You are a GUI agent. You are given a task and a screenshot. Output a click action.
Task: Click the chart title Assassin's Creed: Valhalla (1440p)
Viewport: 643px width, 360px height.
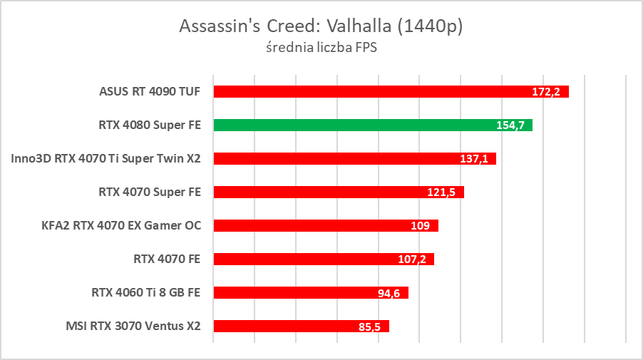point(321,26)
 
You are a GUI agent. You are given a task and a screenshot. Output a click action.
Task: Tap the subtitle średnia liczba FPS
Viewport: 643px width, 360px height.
point(321,48)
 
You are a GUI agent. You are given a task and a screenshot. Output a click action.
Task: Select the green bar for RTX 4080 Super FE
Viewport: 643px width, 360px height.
point(356,125)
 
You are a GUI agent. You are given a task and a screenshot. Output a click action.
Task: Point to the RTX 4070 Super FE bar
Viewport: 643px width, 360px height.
point(321,192)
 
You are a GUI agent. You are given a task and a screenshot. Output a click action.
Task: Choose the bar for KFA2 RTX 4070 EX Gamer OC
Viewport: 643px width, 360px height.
point(314,225)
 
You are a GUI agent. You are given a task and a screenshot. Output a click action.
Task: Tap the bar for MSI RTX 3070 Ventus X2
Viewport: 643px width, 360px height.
point(285,326)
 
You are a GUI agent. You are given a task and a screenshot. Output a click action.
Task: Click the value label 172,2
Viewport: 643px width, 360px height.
point(546,92)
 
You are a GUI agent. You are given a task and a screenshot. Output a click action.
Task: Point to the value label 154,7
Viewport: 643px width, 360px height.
point(510,125)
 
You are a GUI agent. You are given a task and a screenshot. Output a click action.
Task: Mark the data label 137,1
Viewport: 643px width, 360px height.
point(473,159)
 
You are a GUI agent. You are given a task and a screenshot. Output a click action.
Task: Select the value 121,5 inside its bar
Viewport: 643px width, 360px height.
point(442,192)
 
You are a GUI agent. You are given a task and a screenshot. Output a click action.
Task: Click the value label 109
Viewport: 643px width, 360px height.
point(421,226)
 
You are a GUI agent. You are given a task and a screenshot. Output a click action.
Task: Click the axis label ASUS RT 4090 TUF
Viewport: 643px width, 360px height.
point(150,91)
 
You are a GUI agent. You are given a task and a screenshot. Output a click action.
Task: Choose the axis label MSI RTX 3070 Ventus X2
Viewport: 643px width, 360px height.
point(133,326)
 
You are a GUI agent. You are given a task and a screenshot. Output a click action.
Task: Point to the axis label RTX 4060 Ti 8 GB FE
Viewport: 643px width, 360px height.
point(146,292)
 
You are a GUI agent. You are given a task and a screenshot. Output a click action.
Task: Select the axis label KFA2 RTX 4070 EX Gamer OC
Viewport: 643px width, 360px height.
point(121,225)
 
